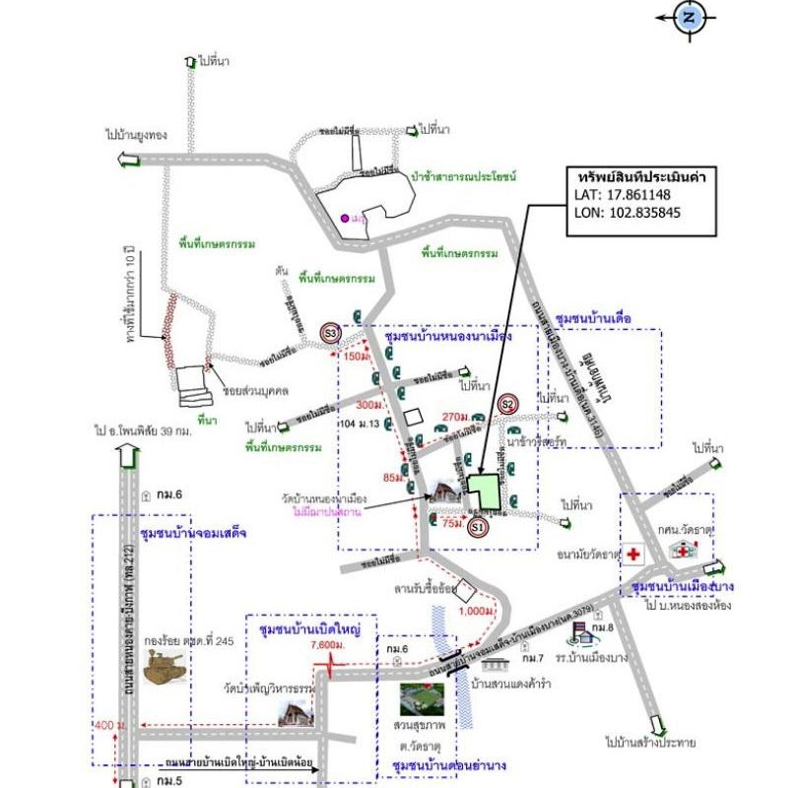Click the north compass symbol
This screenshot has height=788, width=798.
(690, 17)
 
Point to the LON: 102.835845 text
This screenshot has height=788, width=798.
(628, 212)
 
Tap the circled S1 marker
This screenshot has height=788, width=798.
(478, 528)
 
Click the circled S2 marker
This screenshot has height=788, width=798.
(508, 403)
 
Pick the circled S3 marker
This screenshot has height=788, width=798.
(332, 335)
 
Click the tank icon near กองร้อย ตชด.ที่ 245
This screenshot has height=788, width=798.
(165, 668)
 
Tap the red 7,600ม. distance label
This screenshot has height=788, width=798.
(325, 644)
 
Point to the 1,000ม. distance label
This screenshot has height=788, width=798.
(476, 611)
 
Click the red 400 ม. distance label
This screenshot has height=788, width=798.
(103, 726)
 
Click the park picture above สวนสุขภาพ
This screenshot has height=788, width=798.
(421, 698)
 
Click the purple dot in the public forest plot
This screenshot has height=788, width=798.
(344, 218)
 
